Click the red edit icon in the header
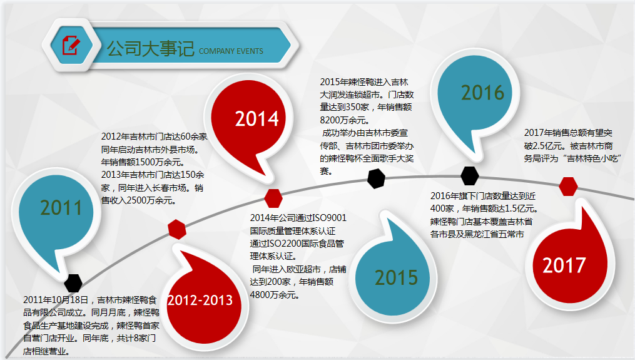[x=71, y=46]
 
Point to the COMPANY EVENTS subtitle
[x=231, y=51]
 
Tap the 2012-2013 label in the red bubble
[x=200, y=301]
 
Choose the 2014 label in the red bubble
[x=257, y=118]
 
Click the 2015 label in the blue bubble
[x=397, y=277]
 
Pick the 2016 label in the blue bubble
[x=482, y=93]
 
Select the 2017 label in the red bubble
[x=564, y=265]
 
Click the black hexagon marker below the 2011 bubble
[x=74, y=283]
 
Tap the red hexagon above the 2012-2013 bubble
[x=178, y=229]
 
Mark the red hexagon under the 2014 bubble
[x=273, y=198]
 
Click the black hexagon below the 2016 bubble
[x=470, y=176]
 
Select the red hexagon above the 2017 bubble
[x=568, y=187]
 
